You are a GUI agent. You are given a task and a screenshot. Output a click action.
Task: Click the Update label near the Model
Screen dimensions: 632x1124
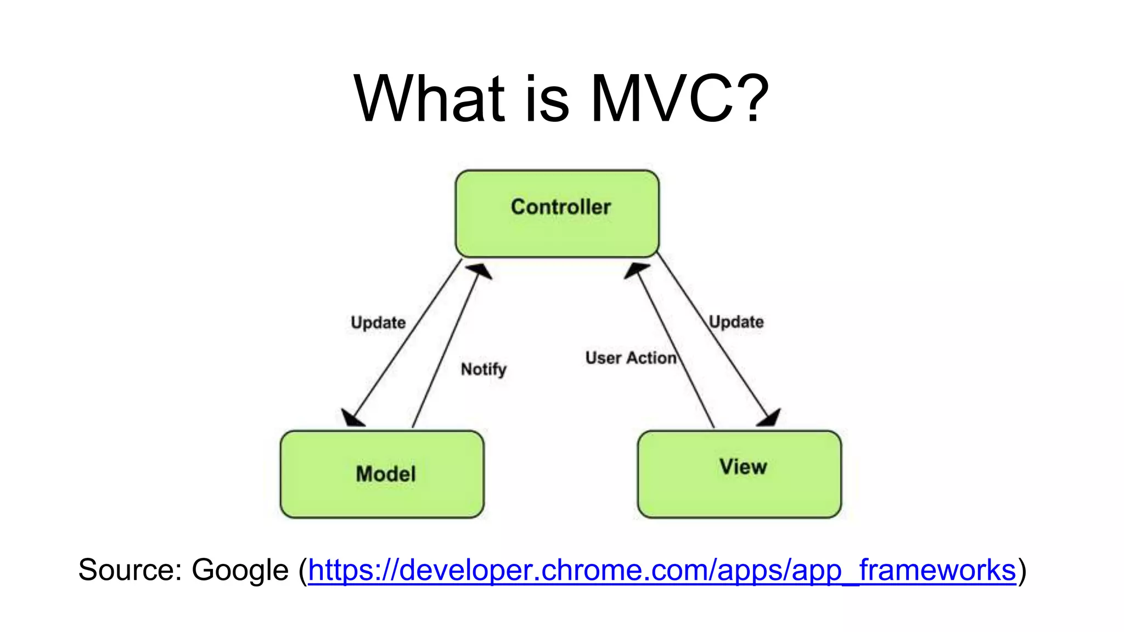(x=378, y=323)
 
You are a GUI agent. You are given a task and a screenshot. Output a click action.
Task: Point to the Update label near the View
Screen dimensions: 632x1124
(x=736, y=321)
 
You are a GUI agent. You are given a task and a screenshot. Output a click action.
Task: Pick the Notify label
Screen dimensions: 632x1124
(x=484, y=369)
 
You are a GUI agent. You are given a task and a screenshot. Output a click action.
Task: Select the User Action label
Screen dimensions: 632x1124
(x=631, y=358)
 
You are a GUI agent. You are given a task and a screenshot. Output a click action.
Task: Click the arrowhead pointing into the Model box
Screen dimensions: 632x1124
(x=351, y=419)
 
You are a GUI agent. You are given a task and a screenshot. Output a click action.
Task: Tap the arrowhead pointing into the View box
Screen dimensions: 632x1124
(x=769, y=418)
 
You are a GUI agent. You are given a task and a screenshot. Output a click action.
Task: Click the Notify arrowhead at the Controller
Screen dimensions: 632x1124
(x=480, y=270)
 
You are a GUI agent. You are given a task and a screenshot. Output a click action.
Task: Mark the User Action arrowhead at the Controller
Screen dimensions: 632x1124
(x=636, y=270)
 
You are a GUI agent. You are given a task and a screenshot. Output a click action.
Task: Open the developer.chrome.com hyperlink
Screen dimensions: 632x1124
(x=661, y=570)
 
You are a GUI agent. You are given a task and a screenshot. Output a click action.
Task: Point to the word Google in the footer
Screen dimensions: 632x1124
(x=240, y=570)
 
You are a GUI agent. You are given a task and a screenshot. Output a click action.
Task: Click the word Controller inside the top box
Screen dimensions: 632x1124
(x=560, y=207)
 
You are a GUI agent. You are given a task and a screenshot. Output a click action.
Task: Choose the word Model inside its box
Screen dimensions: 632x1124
(x=386, y=474)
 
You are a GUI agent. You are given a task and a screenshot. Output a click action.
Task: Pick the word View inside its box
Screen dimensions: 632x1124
(x=743, y=467)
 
